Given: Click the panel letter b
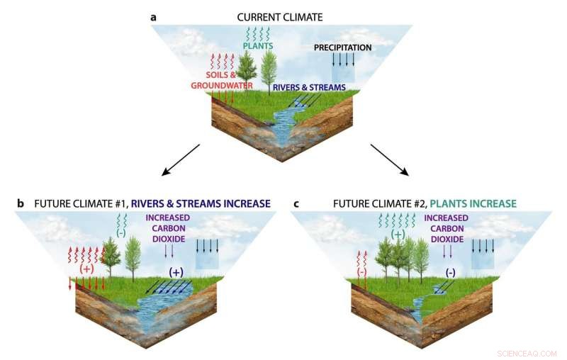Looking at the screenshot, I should point(21,204).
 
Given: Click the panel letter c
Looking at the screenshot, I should point(296,204).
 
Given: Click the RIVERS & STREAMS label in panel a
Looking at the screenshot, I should point(310,87).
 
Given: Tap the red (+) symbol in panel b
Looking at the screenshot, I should point(87,269).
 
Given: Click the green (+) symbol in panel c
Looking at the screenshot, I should point(398,233).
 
